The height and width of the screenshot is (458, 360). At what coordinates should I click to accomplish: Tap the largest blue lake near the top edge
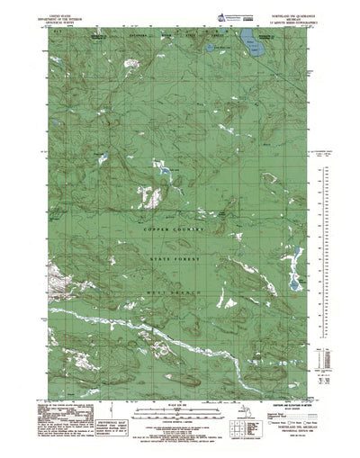coord(244,38)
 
